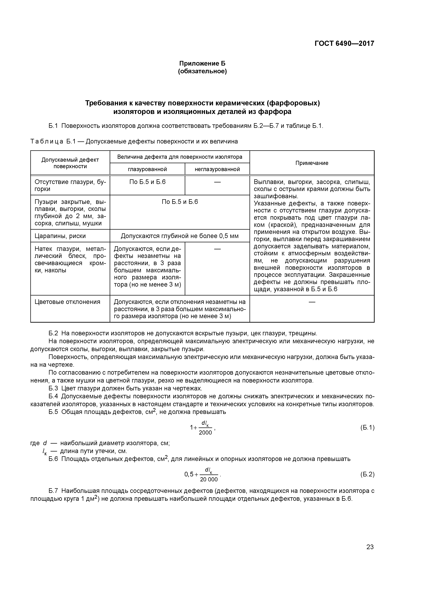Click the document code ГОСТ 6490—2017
[344, 44]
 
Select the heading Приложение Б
[202, 63]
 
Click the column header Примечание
[312, 163]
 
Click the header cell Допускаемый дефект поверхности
[70, 163]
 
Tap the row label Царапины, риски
[60, 236]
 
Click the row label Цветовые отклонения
[67, 302]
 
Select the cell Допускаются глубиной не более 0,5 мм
[180, 236]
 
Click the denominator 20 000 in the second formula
[209, 479]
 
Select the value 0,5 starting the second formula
[189, 474]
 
